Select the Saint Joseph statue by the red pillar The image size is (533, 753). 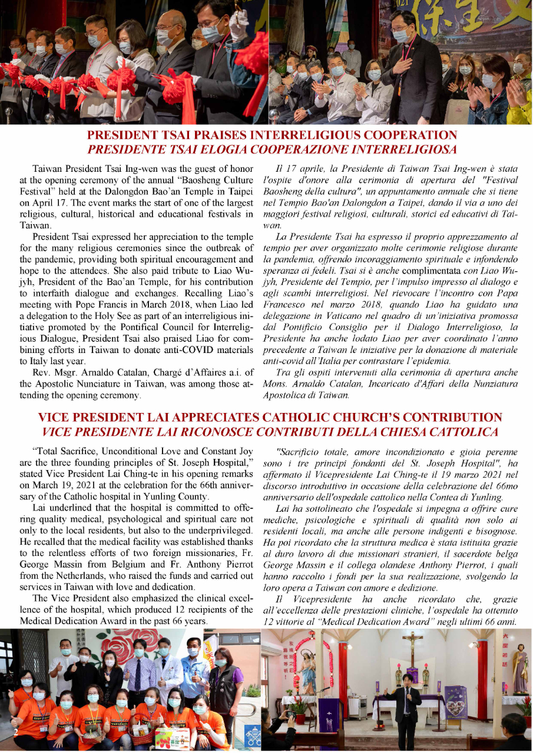(x=520, y=671)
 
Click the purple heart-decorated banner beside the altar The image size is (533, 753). (x=456, y=701)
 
